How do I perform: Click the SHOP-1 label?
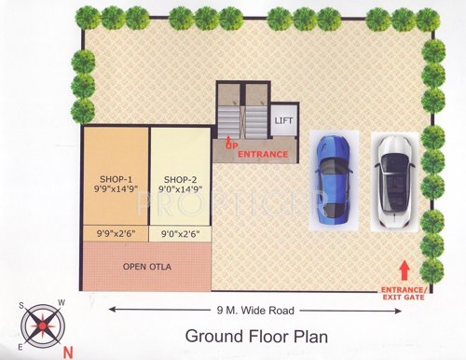116,179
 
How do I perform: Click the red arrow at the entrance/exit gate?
404,270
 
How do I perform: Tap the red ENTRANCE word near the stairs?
261,154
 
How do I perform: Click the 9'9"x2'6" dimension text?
116,234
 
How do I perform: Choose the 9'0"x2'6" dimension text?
179,234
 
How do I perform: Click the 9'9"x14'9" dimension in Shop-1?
116,190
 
